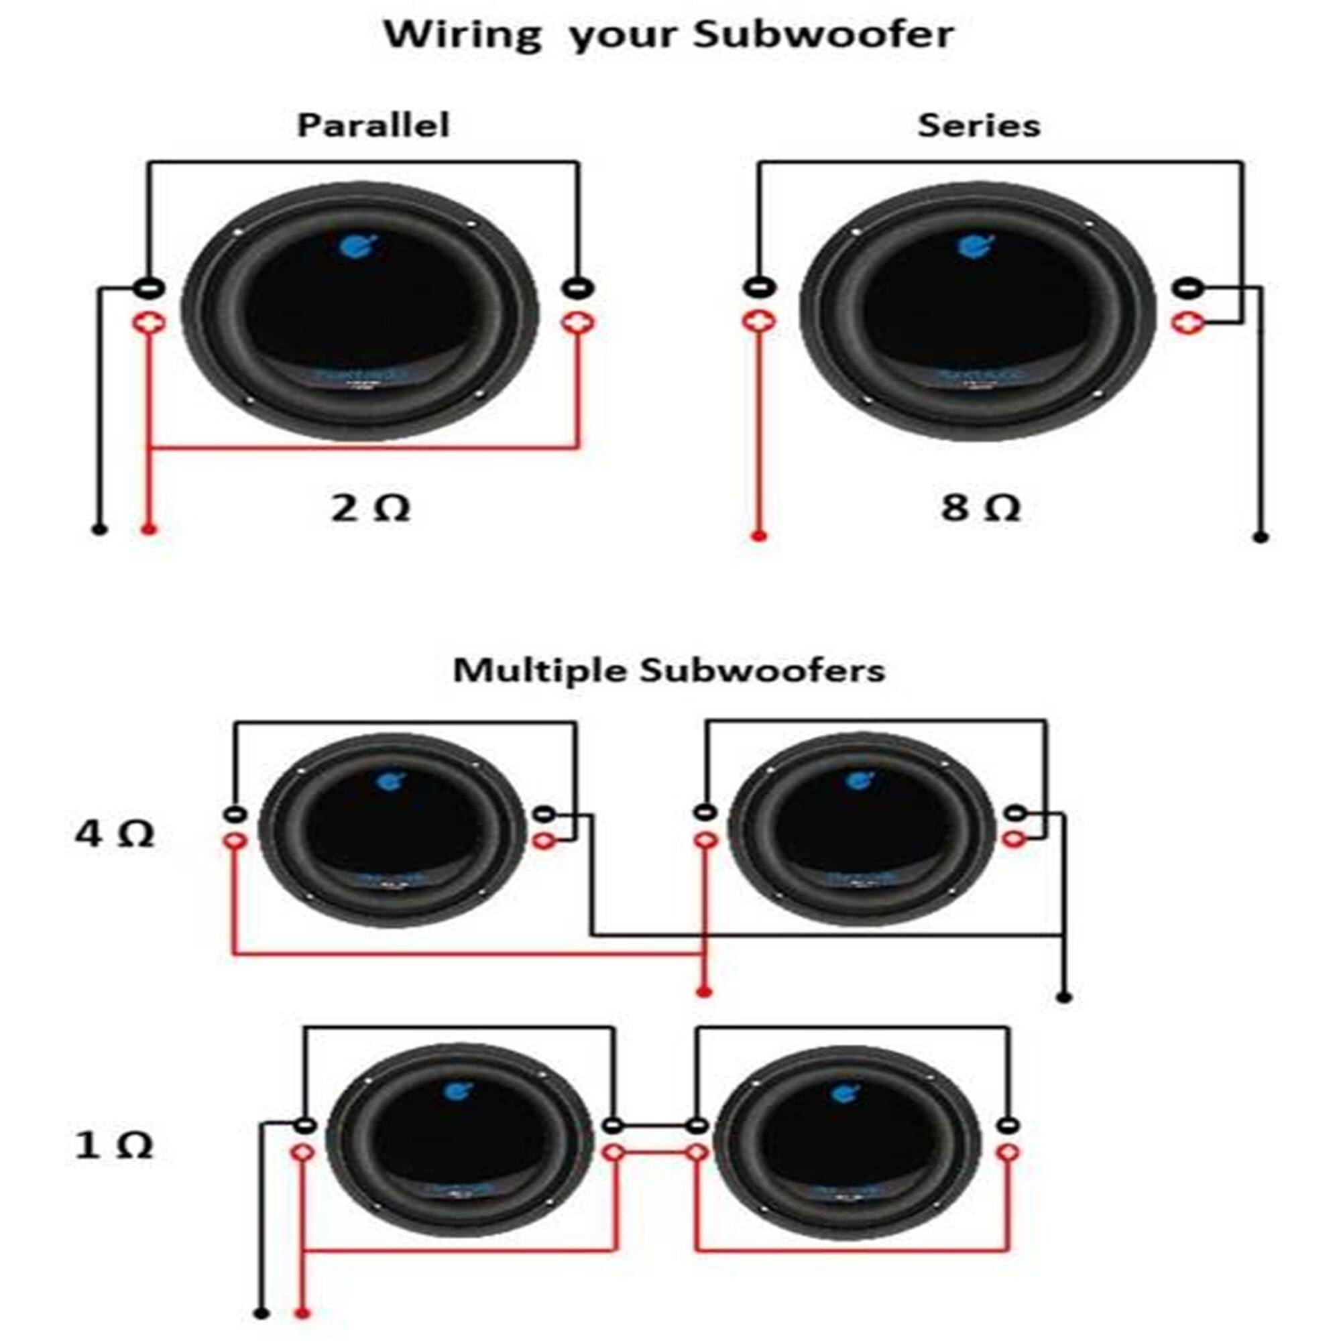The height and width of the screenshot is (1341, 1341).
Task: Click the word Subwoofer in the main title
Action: (x=823, y=35)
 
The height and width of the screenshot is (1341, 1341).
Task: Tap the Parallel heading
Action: (x=373, y=125)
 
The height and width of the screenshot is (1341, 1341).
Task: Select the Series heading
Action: (x=979, y=125)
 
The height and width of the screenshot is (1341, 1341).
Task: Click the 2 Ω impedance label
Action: (x=370, y=508)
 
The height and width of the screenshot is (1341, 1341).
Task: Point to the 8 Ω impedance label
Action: (x=980, y=508)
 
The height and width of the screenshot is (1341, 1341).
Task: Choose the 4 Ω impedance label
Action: (x=115, y=833)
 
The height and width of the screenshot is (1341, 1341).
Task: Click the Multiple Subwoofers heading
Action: (x=669, y=670)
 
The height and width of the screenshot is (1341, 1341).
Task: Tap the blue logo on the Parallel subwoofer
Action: (x=359, y=245)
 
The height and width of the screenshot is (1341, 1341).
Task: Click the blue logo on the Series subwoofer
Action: (x=974, y=245)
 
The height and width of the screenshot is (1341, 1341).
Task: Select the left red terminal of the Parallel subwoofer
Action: (x=150, y=323)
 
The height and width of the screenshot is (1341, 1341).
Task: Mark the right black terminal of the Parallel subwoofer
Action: (x=577, y=287)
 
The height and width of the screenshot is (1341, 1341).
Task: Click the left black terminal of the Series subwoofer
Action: (x=758, y=287)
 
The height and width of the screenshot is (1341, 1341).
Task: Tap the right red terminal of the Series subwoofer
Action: (x=1187, y=323)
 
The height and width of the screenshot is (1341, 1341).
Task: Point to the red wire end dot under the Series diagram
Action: (x=758, y=536)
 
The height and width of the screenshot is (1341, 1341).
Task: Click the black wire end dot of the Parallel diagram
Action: (x=99, y=530)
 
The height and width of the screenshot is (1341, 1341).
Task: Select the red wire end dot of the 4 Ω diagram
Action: (x=704, y=992)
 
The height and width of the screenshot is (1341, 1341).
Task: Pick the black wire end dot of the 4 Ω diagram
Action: (x=1064, y=998)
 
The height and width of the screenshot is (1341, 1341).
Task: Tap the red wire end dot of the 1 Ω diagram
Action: (x=302, y=1314)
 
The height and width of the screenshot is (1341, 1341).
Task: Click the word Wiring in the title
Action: (x=461, y=35)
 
